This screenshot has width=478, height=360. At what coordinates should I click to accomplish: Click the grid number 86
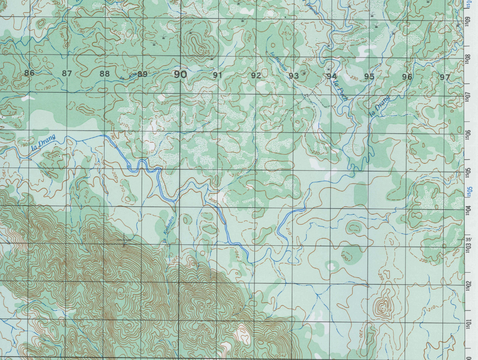[29, 73]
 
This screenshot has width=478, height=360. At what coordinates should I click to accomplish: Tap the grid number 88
[105, 74]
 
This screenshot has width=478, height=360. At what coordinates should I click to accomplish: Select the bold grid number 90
[180, 74]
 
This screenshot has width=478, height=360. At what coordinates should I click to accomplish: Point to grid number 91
[218, 75]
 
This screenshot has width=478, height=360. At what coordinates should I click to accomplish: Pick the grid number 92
[256, 75]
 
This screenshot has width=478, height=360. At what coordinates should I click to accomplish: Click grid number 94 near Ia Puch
[331, 76]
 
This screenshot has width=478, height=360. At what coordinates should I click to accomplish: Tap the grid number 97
[445, 77]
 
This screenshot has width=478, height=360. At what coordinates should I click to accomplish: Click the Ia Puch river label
[343, 91]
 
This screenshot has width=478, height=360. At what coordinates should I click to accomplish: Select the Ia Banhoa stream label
[279, 61]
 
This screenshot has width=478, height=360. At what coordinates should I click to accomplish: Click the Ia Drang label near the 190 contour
[44, 143]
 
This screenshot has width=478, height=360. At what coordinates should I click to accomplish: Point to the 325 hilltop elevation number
[205, 52]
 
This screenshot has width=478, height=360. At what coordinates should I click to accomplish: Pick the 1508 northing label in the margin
[467, 59]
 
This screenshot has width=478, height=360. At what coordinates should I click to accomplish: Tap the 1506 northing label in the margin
[467, 133]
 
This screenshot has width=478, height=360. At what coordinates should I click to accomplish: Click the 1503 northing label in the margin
[467, 246]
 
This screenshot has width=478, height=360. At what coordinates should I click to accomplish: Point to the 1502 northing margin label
[467, 284]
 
